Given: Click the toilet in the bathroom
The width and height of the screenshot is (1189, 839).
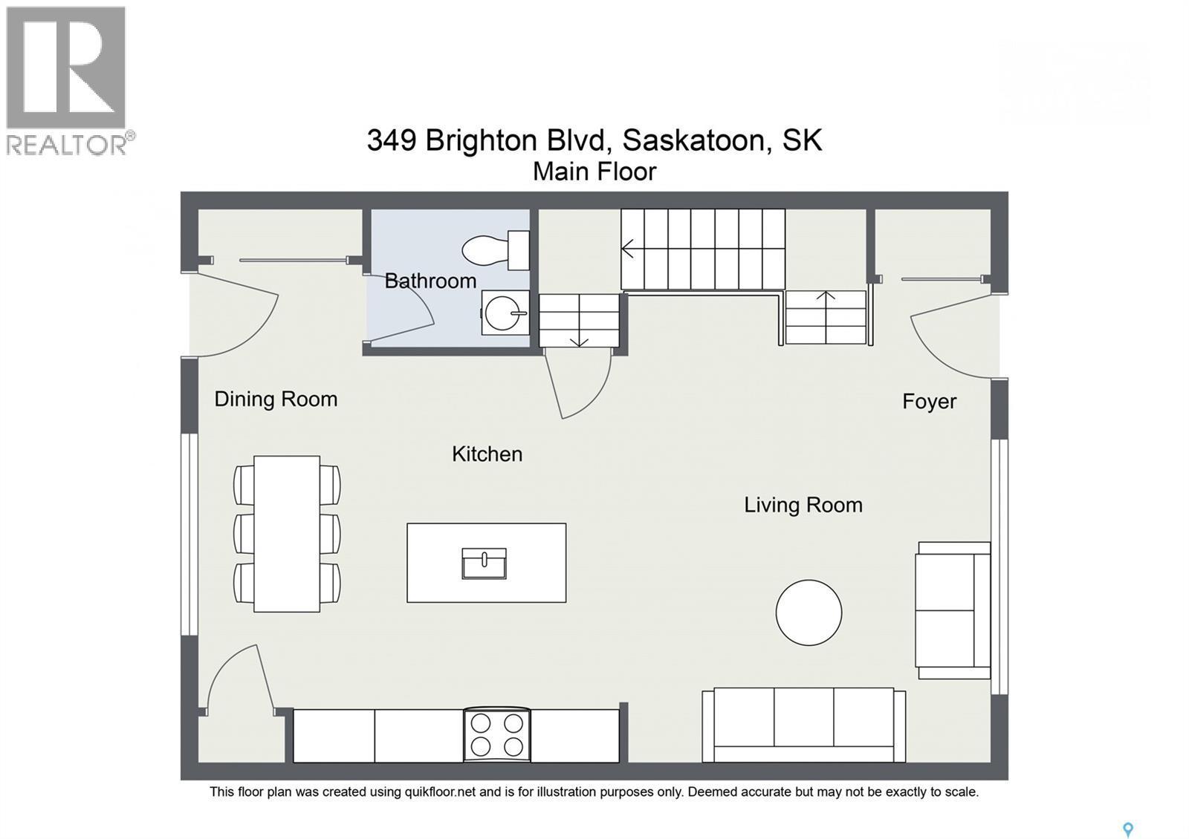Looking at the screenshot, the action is coord(496,250).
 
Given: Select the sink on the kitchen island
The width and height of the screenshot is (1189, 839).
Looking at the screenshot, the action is coord(484,564).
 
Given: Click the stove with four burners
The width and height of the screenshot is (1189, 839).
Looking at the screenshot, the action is coord(497,735).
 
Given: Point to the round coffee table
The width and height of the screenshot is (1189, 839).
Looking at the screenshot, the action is coord(809,613).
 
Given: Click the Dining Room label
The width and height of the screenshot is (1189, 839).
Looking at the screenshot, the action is coord(276,399).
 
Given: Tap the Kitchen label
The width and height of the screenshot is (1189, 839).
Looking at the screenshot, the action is coord(487,454).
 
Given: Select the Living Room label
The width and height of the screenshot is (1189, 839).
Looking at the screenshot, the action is coord(803,505).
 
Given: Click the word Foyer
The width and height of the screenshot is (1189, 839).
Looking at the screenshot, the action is coord(930,402).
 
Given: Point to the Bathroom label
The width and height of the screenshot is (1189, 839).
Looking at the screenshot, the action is coord(430,281).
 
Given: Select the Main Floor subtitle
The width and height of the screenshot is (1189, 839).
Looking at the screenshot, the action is coord(594,172).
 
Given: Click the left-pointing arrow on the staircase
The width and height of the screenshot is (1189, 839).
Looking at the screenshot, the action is coord(627,249).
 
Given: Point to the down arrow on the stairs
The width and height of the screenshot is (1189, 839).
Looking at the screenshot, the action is coord(579,333).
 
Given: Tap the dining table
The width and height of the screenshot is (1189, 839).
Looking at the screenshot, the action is coord(287,534).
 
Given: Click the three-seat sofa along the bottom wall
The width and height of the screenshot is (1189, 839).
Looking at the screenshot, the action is coord(803,725).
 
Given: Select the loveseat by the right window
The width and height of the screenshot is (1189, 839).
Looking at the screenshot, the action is coord(953,610).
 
